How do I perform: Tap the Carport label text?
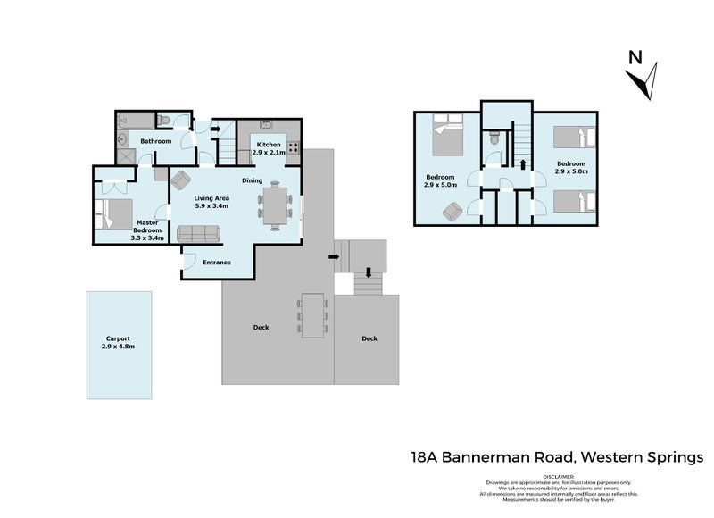tap(117, 338)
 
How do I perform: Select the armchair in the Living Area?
tap(181, 179)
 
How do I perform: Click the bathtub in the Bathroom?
tap(134, 119)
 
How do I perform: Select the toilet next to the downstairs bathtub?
tap(164, 119)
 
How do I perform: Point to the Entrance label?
tap(217, 263)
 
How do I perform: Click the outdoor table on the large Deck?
tap(312, 315)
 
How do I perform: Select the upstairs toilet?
tap(494, 139)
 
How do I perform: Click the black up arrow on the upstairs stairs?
tap(523, 163)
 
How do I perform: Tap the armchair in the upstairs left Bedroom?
tap(452, 211)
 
